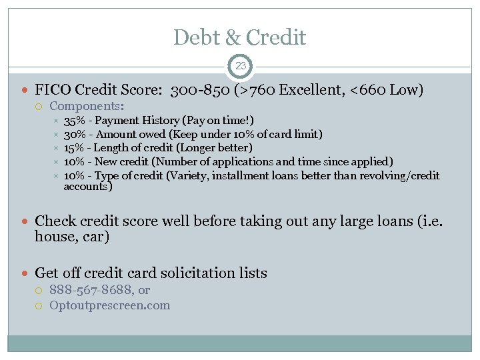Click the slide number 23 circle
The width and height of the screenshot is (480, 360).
[x=240, y=66]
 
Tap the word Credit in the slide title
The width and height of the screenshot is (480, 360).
[x=276, y=37]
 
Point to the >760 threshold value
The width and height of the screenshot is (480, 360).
[x=257, y=89]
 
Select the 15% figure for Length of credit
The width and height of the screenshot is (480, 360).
[x=75, y=147]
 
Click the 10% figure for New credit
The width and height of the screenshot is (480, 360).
[x=75, y=161]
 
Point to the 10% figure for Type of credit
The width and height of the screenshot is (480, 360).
[x=75, y=175]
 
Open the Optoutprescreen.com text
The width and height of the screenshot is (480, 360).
[x=110, y=306]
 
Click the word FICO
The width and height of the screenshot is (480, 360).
[x=53, y=89]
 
